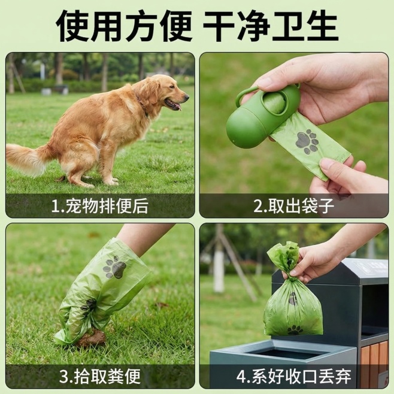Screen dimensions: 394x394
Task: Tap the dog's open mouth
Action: (174, 106)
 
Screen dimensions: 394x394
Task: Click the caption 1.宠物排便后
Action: (99, 207)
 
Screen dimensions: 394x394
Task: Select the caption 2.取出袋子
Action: (293, 207)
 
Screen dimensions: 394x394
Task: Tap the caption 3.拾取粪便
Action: (99, 377)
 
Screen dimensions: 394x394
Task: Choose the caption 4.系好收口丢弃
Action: (293, 377)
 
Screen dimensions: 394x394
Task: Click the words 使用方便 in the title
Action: (125, 25)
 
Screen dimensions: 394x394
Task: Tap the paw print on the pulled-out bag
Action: (307, 141)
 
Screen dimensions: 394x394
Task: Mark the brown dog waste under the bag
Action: (92, 340)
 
